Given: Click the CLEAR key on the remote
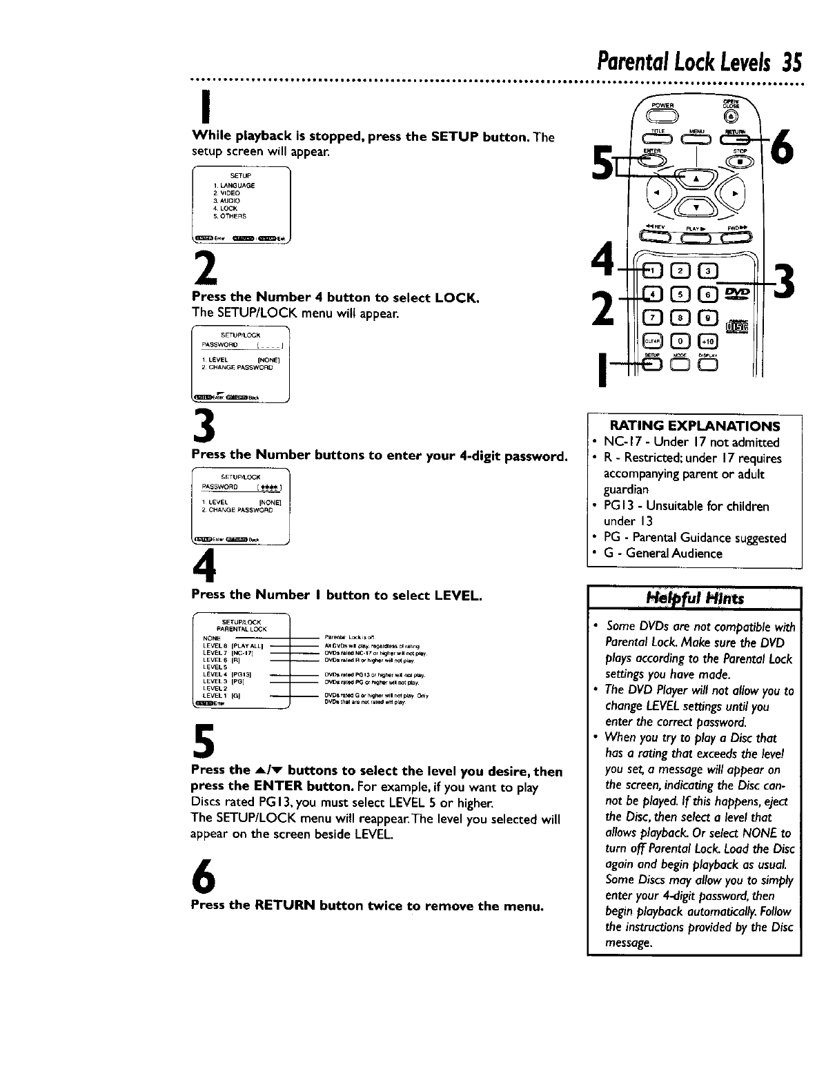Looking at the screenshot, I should click(651, 341).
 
